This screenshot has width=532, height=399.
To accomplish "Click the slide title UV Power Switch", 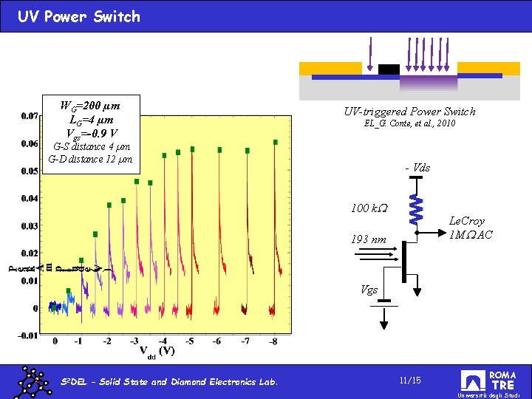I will click(x=79, y=16).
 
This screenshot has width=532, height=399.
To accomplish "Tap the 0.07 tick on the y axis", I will click(x=30, y=116).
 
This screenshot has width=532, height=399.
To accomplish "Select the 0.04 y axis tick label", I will click(x=30, y=198).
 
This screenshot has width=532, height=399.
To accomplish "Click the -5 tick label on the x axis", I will click(x=190, y=341).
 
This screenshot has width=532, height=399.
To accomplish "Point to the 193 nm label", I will click(x=368, y=239).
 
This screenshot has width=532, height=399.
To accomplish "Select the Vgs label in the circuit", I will click(x=369, y=290).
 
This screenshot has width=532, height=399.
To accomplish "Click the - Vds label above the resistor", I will click(x=417, y=168).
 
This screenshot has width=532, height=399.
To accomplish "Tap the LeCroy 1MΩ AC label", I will click(x=467, y=228).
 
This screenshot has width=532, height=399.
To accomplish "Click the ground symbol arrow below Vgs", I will click(x=385, y=317).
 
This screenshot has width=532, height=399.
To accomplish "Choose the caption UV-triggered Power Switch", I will click(x=409, y=112).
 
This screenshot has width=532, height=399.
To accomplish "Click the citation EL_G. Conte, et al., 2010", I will click(x=409, y=123).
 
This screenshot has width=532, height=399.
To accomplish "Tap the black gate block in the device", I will click(x=389, y=69).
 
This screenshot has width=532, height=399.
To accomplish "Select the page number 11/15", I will click(x=409, y=380).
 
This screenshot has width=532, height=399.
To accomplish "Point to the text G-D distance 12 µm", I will click(x=90, y=159).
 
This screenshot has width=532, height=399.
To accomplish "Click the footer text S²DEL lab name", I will click(x=169, y=382).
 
